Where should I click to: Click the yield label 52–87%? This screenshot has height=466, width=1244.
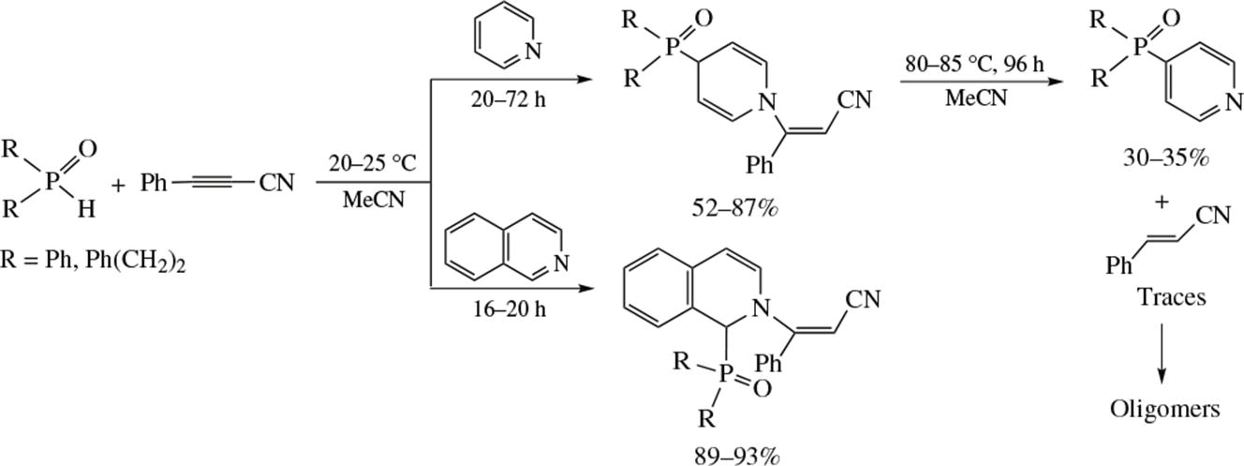734,208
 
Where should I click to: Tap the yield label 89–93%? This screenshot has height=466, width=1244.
736,456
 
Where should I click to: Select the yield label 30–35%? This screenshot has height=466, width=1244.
1165,158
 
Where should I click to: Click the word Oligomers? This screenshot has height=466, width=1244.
1164,409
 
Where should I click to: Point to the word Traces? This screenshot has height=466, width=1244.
1172,297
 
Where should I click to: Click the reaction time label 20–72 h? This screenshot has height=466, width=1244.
509,99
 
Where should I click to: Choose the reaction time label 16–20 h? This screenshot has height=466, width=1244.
510,308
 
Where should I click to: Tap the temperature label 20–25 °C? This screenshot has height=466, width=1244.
372,163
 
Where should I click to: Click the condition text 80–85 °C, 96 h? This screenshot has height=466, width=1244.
974,65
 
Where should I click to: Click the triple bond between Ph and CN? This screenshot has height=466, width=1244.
213,182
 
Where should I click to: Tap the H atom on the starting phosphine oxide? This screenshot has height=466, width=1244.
86,209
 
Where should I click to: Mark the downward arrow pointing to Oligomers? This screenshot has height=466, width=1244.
1162,353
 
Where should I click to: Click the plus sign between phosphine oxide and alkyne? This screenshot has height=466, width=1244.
118,185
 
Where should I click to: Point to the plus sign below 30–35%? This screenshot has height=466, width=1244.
1162,202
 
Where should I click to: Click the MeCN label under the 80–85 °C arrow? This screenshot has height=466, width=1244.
976,98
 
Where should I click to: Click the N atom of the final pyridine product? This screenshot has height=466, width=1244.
1234,102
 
